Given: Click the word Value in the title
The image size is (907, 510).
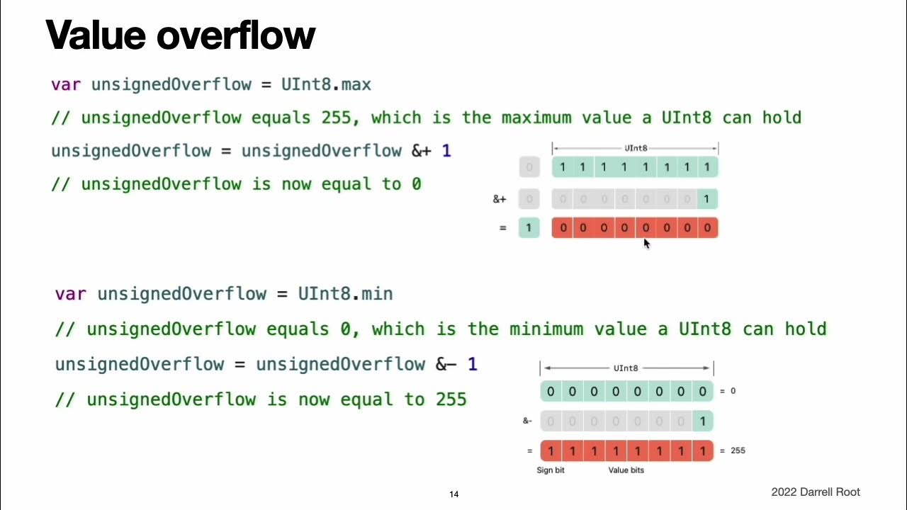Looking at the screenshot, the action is [x=96, y=35].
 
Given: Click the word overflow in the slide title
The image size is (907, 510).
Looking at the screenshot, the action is [x=236, y=35].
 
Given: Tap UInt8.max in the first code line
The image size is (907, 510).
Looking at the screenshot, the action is [x=326, y=84].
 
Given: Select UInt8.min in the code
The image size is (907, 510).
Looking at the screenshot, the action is [x=345, y=294].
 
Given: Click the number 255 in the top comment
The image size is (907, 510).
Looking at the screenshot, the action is [x=336, y=118].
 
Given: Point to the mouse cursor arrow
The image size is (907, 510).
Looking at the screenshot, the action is [x=647, y=244].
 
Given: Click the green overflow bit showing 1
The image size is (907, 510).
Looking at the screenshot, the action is [x=529, y=227].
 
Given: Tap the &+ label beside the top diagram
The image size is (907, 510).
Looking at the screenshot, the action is [x=500, y=199].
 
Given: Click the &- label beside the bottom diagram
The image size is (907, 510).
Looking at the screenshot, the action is [x=527, y=421].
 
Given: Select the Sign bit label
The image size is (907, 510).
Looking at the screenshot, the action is [x=551, y=470].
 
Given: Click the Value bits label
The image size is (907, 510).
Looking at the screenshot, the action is [x=626, y=470].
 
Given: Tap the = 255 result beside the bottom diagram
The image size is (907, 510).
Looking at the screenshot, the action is [x=733, y=450].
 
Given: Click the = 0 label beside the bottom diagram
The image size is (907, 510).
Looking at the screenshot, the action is [x=728, y=391].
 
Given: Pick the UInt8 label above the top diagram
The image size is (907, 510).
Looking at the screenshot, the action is [x=636, y=148].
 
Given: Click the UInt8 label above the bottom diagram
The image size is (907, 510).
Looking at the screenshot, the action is [x=626, y=368].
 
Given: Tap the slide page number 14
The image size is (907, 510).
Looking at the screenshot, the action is [x=454, y=494].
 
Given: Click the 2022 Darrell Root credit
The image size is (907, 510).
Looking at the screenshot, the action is [x=816, y=492].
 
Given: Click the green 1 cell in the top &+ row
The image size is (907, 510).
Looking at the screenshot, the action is [x=707, y=199].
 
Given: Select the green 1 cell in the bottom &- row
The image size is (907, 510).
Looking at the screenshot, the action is [x=702, y=421].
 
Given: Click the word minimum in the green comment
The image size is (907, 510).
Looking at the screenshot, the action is [x=546, y=329].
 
